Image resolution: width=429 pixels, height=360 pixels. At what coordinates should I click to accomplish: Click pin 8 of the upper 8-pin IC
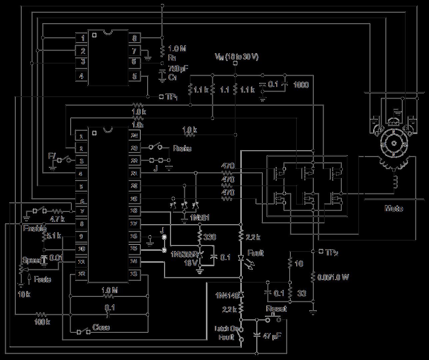(134, 38)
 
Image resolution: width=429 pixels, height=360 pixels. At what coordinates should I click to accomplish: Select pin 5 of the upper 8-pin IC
(134, 76)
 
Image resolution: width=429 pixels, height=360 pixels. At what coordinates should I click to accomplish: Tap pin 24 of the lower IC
(134, 136)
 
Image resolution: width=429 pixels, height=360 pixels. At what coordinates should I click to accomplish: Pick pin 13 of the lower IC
(134, 274)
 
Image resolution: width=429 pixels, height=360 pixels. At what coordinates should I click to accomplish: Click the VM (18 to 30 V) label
(237, 57)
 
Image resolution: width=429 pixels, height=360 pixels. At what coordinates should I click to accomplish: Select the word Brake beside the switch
(182, 148)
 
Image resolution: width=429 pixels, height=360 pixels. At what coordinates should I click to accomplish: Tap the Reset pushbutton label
(276, 309)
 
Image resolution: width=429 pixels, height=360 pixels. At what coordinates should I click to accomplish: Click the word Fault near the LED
(255, 253)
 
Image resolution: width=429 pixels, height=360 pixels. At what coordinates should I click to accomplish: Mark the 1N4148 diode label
(227, 295)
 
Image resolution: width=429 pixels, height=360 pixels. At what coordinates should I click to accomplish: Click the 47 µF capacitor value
(271, 336)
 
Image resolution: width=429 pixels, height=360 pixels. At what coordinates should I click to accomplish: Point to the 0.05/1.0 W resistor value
(333, 277)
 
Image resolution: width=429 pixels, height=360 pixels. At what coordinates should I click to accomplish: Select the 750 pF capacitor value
(178, 69)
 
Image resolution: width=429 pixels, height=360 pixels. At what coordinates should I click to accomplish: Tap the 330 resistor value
(210, 237)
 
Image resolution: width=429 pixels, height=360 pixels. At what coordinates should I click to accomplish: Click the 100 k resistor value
(42, 322)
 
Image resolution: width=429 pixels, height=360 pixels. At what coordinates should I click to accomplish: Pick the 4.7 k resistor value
(57, 219)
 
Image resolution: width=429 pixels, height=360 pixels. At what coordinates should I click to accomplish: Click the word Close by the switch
(101, 327)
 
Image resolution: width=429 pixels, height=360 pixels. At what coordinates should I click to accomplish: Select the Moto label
(394, 208)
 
